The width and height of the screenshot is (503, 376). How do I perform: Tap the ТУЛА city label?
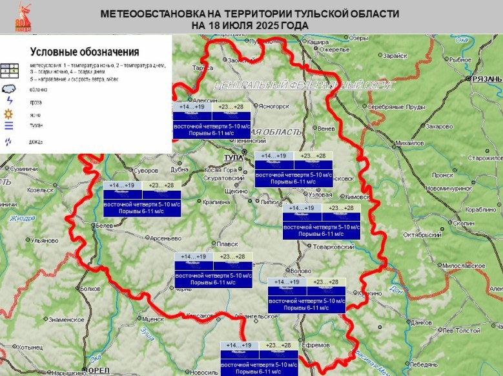[232, 158]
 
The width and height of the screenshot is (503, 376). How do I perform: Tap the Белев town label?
[105, 225]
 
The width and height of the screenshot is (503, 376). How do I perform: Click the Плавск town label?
[227, 244]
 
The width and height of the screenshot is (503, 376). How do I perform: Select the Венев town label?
[326, 128]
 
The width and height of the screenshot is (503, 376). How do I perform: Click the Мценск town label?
[152, 319]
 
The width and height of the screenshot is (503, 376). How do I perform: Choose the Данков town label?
[421, 322]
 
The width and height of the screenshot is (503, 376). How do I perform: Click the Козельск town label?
[41, 191]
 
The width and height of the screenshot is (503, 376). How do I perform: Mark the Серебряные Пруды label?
[395, 106]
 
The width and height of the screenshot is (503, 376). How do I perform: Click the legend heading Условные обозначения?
[85, 51]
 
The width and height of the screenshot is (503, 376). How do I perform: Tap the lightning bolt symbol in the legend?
[9, 101]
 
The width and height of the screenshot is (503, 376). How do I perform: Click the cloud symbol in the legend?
[9, 89]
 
